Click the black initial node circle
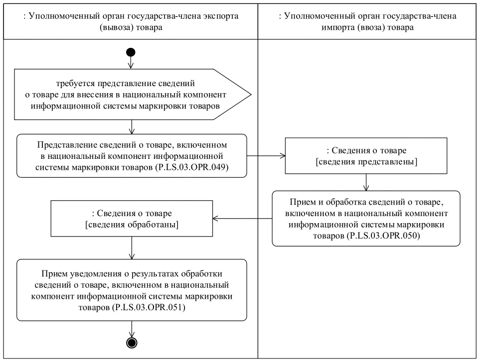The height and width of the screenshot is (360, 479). (131, 52)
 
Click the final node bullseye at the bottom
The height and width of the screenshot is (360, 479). (131, 342)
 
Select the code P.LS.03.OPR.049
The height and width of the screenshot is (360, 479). (199, 168)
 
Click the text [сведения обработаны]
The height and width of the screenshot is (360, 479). (132, 225)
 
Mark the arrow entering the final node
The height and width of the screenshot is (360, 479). (131, 329)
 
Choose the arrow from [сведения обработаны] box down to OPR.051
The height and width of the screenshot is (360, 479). (131, 248)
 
